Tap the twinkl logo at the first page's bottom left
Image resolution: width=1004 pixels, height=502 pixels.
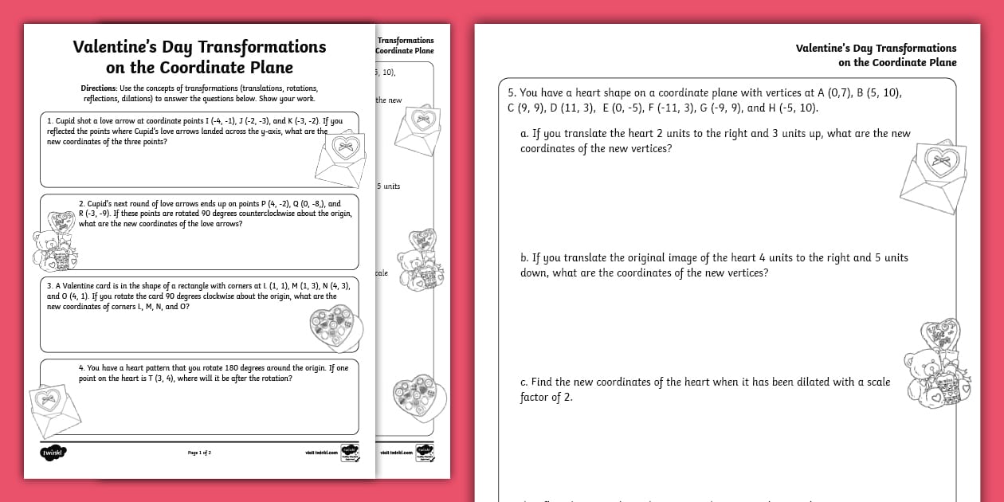coord(53,453)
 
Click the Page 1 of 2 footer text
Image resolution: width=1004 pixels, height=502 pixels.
coord(199,453)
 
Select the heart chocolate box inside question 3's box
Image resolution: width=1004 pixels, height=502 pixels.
coord(335,324)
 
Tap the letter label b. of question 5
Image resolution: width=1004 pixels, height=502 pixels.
coord(524,258)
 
